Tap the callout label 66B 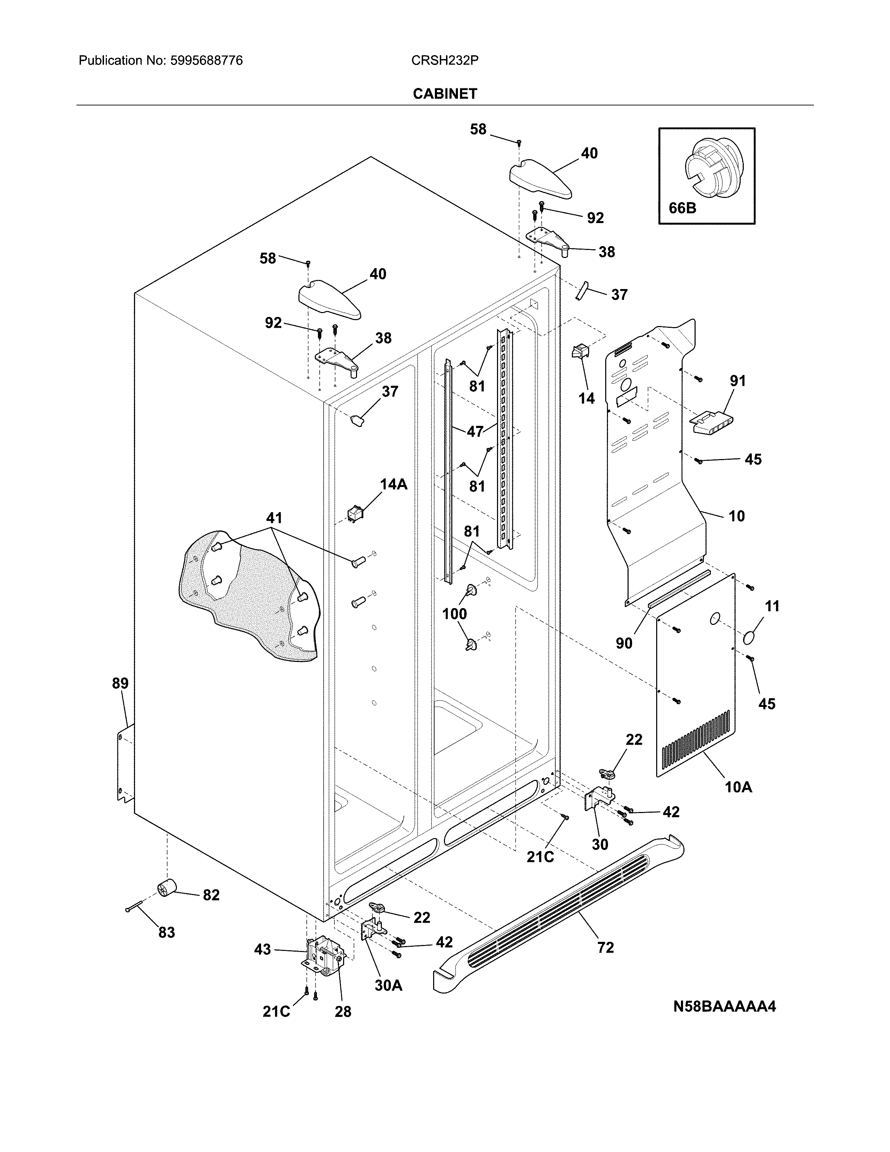point(682,208)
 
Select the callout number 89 point(120,683)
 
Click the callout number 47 point(475,431)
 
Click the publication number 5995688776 point(206,61)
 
